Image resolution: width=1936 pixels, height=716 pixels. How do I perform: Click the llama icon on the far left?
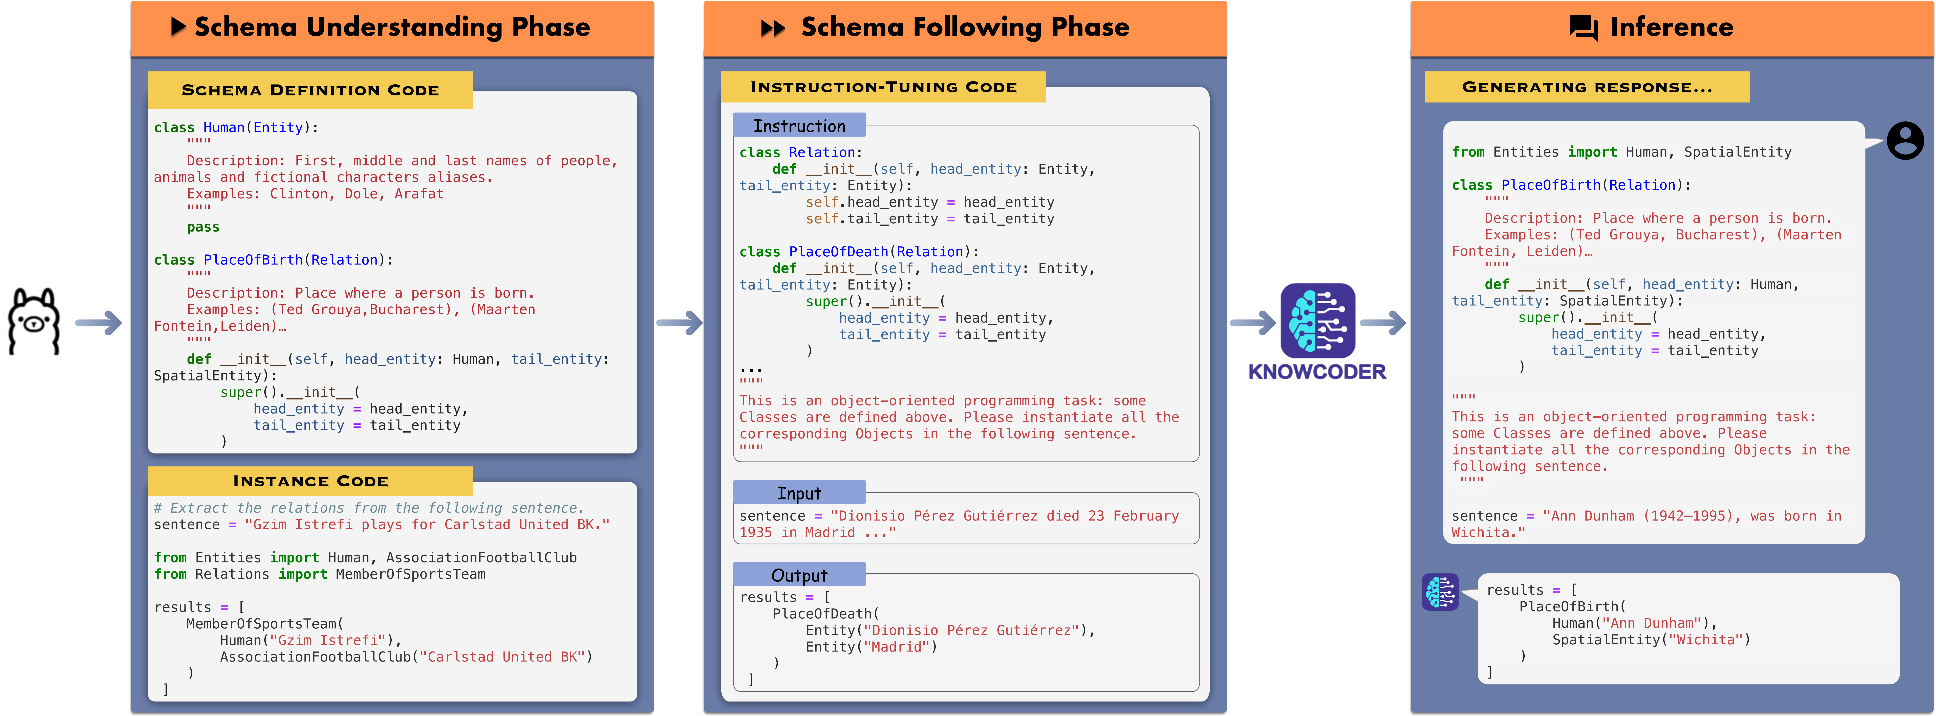click(x=34, y=322)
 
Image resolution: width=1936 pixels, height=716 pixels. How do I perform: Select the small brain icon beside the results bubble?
click(x=1440, y=592)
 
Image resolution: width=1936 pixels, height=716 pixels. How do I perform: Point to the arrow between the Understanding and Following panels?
click(x=679, y=323)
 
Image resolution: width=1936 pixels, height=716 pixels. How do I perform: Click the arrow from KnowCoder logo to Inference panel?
click(x=1383, y=323)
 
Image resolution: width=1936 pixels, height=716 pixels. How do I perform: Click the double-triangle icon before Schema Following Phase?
click(x=773, y=29)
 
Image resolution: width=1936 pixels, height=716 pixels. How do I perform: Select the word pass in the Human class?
click(x=203, y=227)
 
